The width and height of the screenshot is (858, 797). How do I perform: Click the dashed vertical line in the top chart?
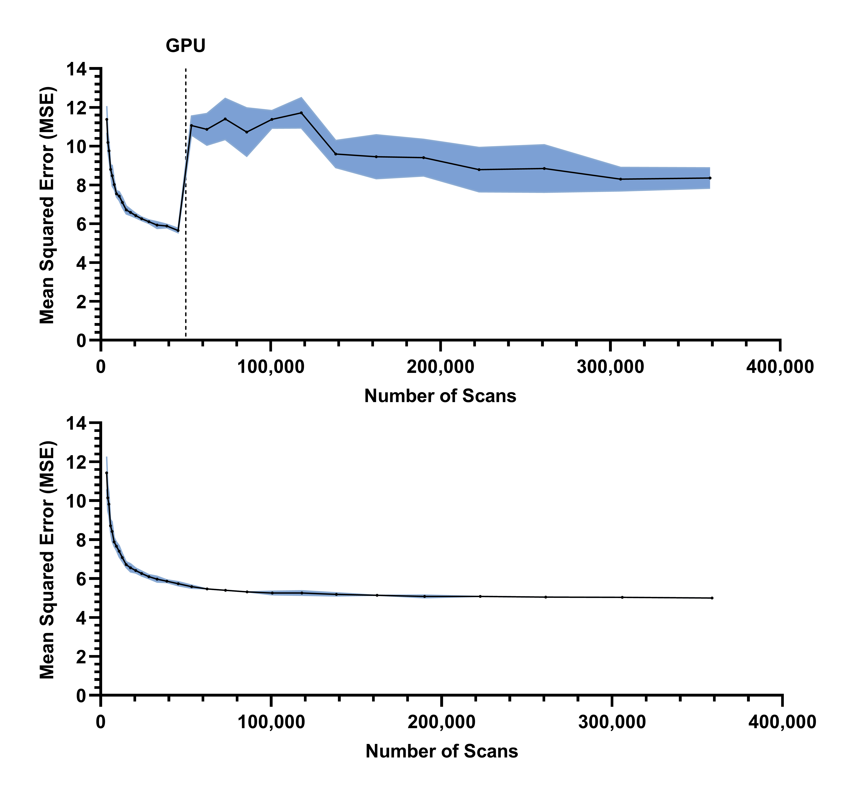186,259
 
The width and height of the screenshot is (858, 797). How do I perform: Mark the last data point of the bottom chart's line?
712,598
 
